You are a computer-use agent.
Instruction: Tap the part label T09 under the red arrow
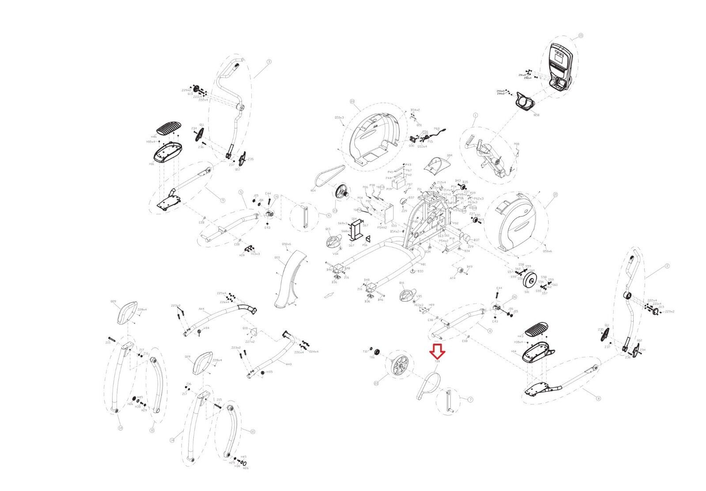(x=438, y=362)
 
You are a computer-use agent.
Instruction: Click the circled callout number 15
(x=580, y=35)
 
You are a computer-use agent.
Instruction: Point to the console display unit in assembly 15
(x=560, y=62)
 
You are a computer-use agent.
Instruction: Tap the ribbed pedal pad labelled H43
(x=536, y=329)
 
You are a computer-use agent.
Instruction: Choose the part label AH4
(x=202, y=309)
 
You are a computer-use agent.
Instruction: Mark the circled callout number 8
(x=598, y=398)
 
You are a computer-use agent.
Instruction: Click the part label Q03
(x=277, y=257)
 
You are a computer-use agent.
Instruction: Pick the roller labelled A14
(x=458, y=270)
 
